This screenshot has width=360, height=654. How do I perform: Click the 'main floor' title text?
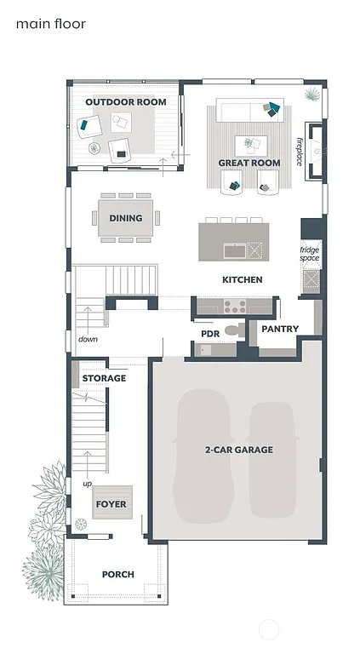pyautogui.click(x=51, y=25)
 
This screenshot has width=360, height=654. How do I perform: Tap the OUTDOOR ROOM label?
pyautogui.click(x=125, y=102)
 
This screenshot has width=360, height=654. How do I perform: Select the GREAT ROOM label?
pyautogui.click(x=249, y=163)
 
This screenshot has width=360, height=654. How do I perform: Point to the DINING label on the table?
pyautogui.click(x=125, y=218)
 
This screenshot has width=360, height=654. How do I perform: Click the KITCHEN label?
pyautogui.click(x=242, y=279)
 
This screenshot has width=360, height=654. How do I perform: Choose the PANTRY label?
pyautogui.click(x=278, y=328)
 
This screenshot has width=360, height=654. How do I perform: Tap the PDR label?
pyautogui.click(x=210, y=334)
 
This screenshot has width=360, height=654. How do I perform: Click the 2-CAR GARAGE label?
pyautogui.click(x=238, y=450)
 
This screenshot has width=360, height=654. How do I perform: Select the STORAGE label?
pyautogui.click(x=104, y=378)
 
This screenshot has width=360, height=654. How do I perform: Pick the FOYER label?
pyautogui.click(x=111, y=504)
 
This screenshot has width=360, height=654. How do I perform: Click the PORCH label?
pyautogui.click(x=117, y=574)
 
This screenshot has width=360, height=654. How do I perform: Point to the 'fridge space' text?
pyautogui.click(x=309, y=254)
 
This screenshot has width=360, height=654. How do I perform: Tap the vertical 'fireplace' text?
pyautogui.click(x=300, y=152)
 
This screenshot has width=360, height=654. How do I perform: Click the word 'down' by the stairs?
pyautogui.click(x=88, y=339)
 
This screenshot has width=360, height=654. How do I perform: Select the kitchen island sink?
pyautogui.click(x=232, y=250)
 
